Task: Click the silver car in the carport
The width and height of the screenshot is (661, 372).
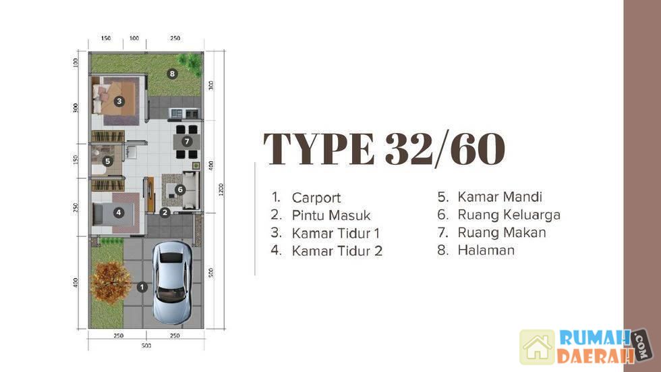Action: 171,282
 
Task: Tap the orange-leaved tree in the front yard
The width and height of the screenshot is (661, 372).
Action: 111,282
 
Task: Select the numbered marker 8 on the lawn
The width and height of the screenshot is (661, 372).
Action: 172,74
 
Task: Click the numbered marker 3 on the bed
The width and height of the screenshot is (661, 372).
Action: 119,101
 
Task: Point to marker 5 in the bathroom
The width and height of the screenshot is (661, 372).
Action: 108,161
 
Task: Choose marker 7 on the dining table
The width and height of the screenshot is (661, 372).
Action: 187,142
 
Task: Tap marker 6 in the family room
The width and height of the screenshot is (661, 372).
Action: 180,190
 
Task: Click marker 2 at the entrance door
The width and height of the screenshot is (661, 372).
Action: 165,213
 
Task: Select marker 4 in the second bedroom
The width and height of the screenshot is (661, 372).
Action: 119,213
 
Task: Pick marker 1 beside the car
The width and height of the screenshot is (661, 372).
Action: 142,287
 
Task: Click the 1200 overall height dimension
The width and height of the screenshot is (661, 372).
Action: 221,190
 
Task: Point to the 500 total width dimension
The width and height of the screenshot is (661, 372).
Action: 146,346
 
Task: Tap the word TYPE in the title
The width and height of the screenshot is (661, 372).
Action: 319,149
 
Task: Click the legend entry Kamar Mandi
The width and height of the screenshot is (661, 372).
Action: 500,196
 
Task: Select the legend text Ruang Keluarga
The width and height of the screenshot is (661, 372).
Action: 509,215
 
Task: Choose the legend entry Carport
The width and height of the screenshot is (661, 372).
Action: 316,198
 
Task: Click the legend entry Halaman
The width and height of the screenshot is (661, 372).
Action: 486,250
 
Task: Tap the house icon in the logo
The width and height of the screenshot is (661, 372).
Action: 537,347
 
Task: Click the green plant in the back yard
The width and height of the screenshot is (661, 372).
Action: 190,64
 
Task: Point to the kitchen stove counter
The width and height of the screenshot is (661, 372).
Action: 183,113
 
